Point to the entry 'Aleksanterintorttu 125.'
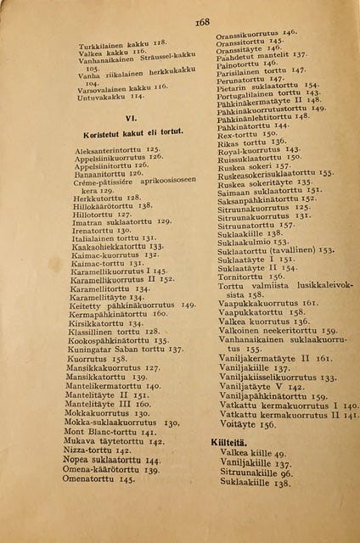[117, 148]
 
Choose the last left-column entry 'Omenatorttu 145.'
[98, 479]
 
